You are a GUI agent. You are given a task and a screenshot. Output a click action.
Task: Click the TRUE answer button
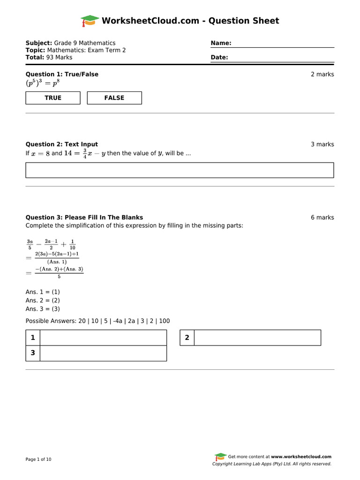coord(53,98)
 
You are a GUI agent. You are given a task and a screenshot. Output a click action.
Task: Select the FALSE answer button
coord(114,98)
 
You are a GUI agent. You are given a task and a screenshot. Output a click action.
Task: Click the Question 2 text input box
coord(180,170)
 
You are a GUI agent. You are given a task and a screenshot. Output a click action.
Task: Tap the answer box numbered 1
coord(103,337)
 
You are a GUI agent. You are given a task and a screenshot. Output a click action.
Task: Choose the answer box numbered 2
coord(257,337)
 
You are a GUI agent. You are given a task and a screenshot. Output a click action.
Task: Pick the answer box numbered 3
coord(103,353)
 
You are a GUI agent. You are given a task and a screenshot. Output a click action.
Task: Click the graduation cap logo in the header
coord(90,21)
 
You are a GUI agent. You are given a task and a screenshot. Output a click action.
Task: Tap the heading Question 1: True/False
coord(62,74)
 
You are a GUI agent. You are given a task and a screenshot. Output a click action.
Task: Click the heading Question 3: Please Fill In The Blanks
coord(84,217)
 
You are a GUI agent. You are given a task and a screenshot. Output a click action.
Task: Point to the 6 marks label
coord(322,217)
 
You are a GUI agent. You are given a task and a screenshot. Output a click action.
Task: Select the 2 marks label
coord(322,74)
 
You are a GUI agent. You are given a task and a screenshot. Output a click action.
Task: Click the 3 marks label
coord(322,144)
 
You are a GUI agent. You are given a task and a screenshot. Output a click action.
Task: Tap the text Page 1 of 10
coord(38,459)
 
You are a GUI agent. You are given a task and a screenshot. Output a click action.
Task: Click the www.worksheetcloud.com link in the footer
coord(301,457)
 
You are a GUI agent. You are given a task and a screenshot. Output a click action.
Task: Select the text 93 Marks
coord(59,57)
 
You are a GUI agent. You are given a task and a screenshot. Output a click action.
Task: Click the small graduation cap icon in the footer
coord(220,457)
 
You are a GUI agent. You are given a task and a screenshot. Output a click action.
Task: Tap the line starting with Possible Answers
coord(97,321)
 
